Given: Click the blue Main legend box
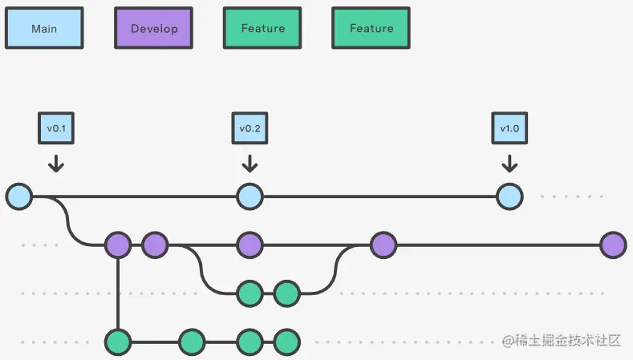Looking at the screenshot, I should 44,28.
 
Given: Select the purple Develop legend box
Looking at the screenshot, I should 153,28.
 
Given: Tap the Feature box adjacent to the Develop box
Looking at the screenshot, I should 262,28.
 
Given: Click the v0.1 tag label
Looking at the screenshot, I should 55,127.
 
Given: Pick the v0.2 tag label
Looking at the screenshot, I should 250,127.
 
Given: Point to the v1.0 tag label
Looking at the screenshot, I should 509,127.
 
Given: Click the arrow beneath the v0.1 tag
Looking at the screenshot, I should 55,164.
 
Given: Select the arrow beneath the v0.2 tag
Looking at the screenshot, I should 250,164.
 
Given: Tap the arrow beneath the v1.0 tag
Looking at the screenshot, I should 509,164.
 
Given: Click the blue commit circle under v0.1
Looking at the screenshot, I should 18,196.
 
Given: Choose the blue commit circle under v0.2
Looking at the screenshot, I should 250,196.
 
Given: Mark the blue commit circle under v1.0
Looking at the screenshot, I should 509,196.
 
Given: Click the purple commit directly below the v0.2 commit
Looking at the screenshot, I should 250,245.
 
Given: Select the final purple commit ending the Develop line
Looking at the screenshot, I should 613,245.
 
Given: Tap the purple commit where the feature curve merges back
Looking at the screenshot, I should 383,245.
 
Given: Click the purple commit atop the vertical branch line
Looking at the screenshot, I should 118,245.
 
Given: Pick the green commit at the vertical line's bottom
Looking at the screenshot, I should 118,342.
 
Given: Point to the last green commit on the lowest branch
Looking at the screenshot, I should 286,342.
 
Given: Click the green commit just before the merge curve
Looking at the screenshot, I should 286,293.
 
